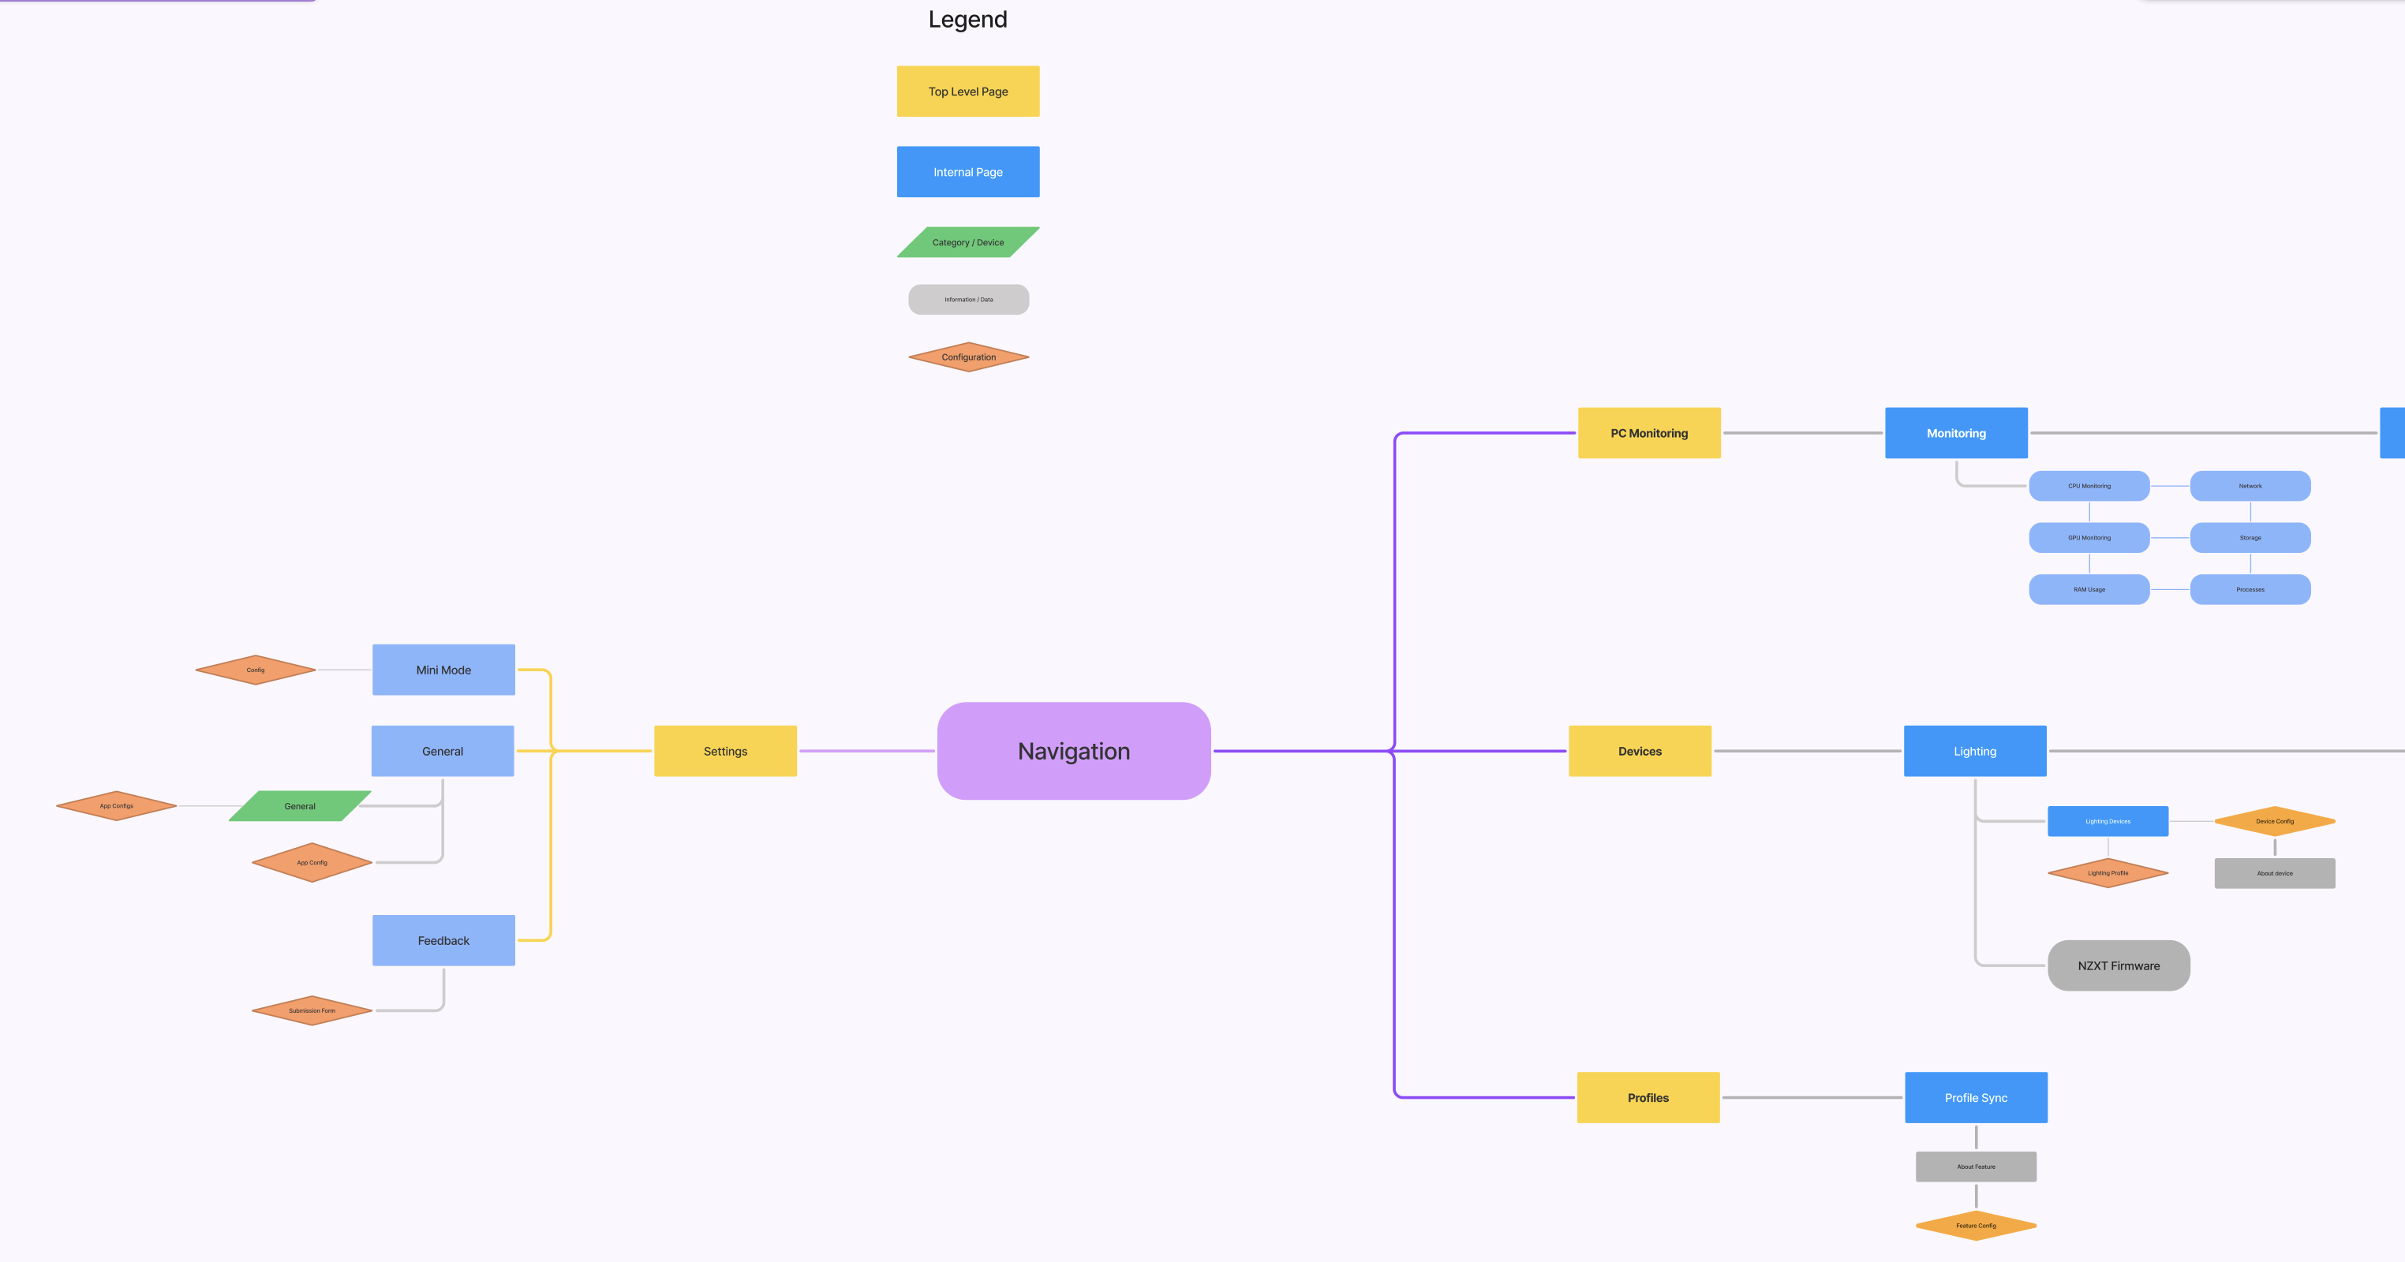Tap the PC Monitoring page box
1649,433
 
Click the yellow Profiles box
1648,1098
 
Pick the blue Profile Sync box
1976,1098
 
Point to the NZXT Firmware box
2119,965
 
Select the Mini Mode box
443,670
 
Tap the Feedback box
443,940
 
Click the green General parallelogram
300,805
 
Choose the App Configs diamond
117,805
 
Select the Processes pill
2250,589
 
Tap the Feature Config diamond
1976,1226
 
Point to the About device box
2274,873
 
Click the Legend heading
967,20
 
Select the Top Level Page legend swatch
967,91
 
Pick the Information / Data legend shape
968,300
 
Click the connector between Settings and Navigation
866,750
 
